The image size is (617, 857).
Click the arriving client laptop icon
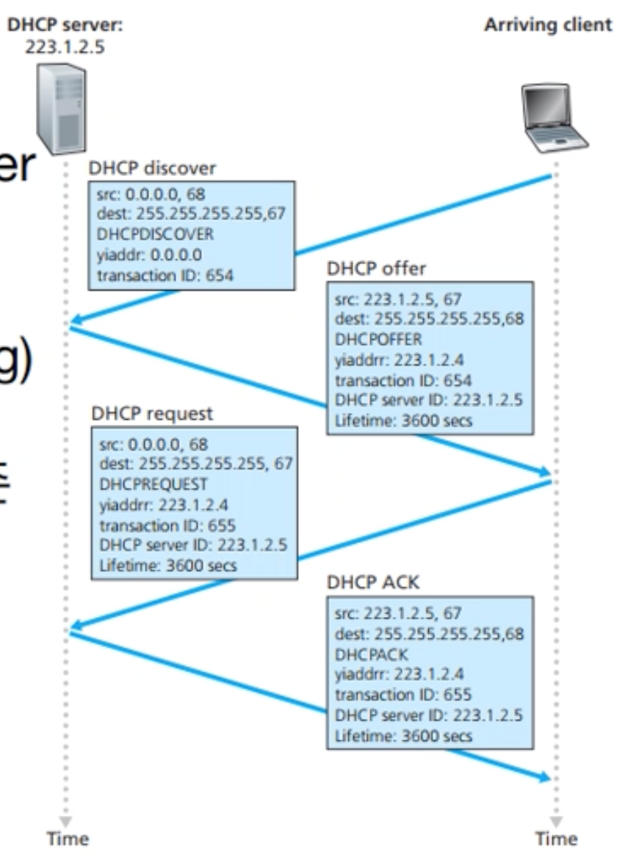(555, 117)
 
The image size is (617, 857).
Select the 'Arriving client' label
(547, 24)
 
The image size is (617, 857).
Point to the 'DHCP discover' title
(152, 168)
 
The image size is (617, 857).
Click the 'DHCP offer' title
(375, 269)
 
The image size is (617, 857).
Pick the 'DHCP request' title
(152, 413)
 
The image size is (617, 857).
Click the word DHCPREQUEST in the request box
(153, 484)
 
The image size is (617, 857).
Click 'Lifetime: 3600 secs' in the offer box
(403, 421)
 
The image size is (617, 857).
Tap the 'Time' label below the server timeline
(68, 839)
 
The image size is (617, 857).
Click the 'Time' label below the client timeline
(555, 839)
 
